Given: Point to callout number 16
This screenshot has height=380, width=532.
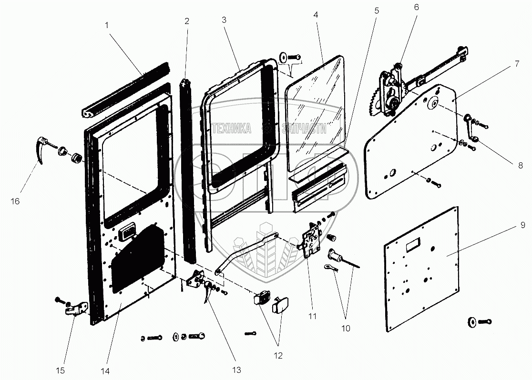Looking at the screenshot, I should click(15, 201).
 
